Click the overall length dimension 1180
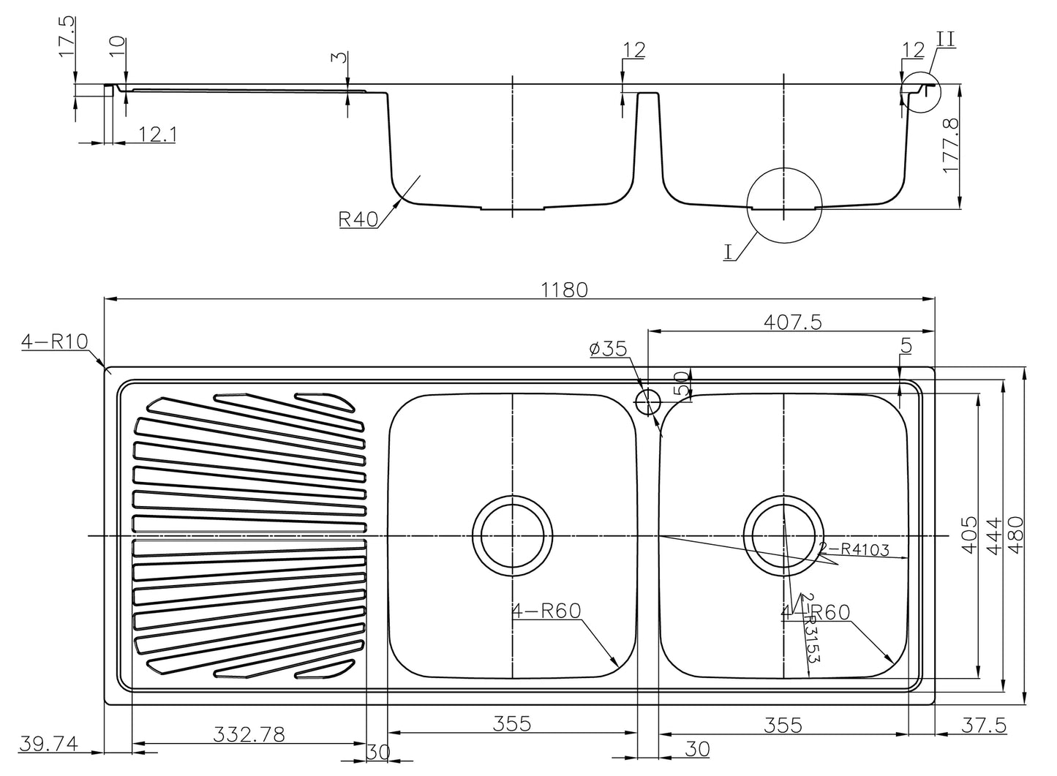[564, 290]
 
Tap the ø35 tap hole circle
[648, 402]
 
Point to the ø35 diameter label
[608, 349]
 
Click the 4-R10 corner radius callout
[54, 342]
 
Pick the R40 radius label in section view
[358, 219]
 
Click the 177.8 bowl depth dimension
[951, 147]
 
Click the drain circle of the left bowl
[511, 536]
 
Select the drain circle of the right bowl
[783, 536]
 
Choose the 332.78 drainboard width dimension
[249, 734]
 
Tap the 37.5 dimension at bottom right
[984, 725]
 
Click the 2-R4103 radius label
[854, 549]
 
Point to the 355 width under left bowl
[511, 724]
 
